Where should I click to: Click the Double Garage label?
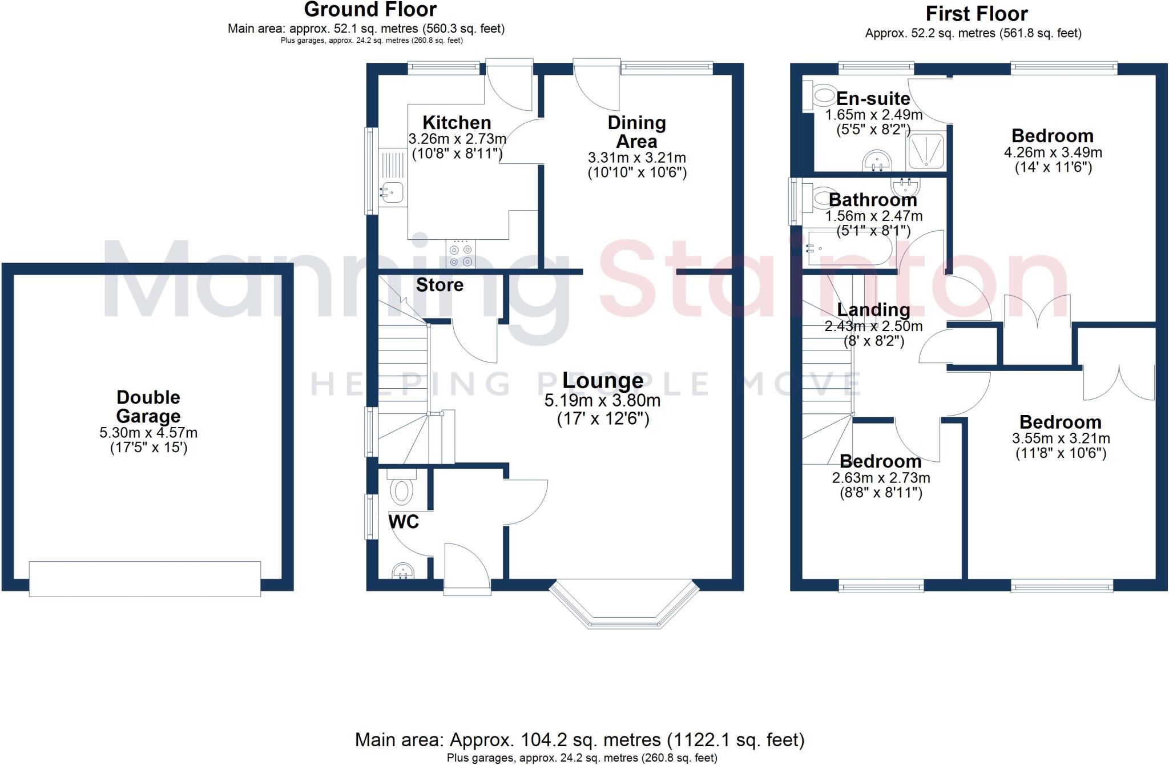pos(148,406)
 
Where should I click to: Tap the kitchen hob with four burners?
pos(461,255)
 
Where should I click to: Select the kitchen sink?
pos(392,192)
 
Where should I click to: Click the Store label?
pos(440,285)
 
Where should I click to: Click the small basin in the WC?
pos(403,570)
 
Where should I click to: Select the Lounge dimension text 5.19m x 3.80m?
pos(602,401)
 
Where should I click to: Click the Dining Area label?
pos(636,132)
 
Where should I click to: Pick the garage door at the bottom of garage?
pos(145,579)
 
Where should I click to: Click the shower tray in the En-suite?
pos(926,152)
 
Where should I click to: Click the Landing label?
pos(873,310)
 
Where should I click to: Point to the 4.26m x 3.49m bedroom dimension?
pos(1053,153)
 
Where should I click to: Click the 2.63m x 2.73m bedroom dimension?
pos(881,478)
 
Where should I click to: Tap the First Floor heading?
pos(976,14)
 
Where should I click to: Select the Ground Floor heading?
pos(370,10)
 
